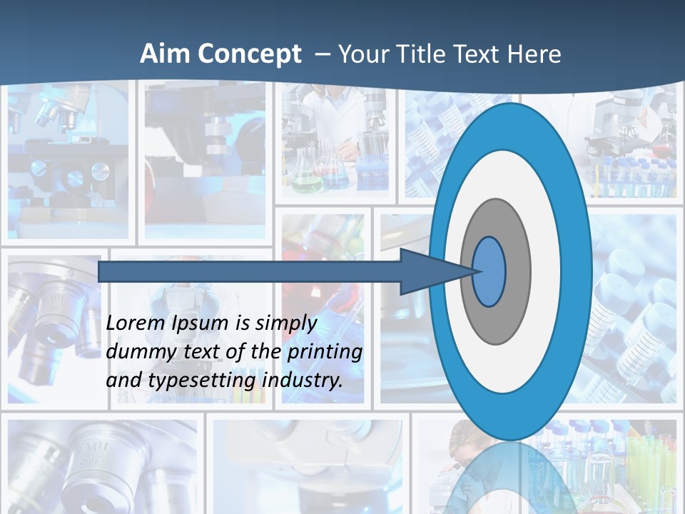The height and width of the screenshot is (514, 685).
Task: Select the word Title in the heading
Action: click(x=421, y=54)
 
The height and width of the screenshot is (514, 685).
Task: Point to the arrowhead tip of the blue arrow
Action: click(x=477, y=271)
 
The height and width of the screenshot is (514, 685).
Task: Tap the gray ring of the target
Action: click(x=517, y=272)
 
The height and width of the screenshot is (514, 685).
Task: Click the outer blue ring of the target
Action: click(x=577, y=272)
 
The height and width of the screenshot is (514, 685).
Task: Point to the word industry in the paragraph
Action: click(x=302, y=381)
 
